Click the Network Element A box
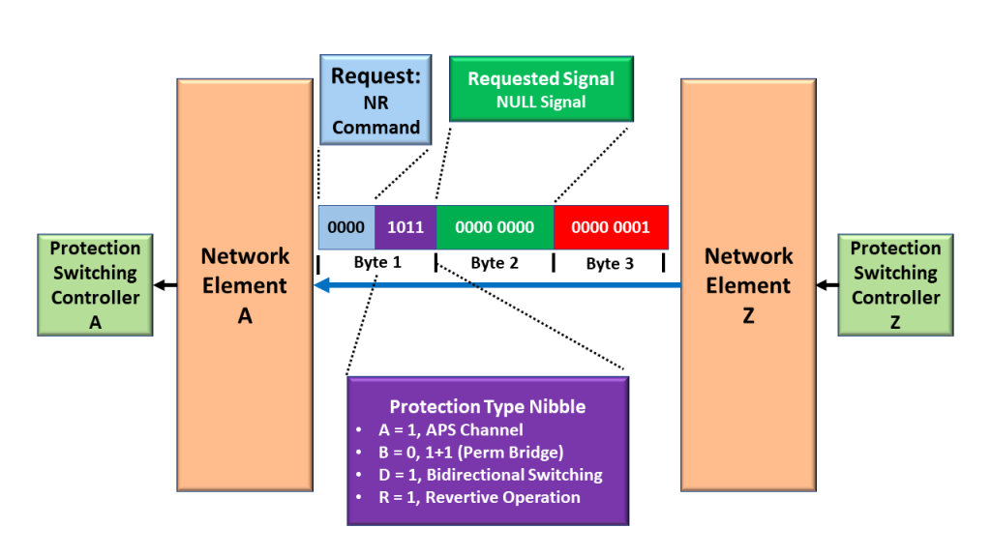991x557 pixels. pos(245,285)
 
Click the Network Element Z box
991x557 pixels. pos(747,285)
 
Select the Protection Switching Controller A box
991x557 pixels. pos(96,285)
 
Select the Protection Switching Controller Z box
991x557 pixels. pos(895,285)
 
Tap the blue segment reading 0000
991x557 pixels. pos(345,227)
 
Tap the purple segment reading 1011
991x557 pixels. pos(405,227)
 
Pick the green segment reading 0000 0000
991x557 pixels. pos(495,227)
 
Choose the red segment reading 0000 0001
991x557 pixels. pos(611,227)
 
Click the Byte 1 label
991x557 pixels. pos(376,263)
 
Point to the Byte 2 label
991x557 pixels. pos(495,263)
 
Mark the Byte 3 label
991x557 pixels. pos(608,263)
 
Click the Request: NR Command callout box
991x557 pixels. pos(375,101)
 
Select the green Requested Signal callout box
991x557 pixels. pos(541,89)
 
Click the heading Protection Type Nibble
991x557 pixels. pos(487,406)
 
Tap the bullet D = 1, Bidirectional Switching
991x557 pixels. pos(492,475)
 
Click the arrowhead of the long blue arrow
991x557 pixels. pos(321,285)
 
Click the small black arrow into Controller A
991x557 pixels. pos(165,285)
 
